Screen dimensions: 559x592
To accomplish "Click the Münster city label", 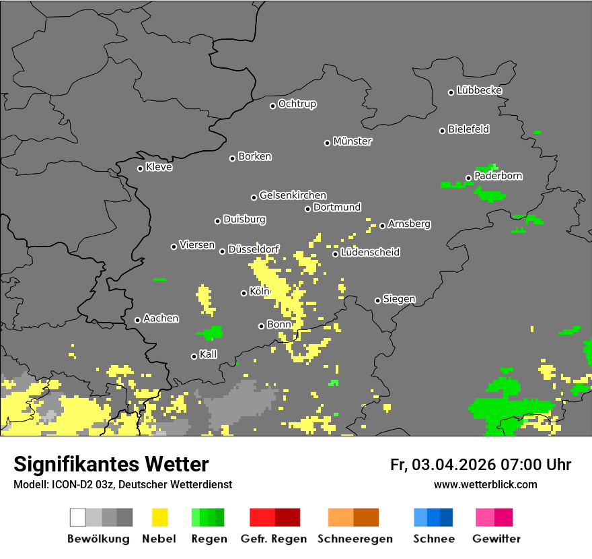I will (x=353, y=141).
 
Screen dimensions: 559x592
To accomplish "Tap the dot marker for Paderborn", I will (x=469, y=178).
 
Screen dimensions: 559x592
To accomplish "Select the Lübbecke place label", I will (x=479, y=90).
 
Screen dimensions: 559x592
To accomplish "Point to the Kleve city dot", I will (x=140, y=168).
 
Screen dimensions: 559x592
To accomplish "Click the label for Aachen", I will (x=161, y=319).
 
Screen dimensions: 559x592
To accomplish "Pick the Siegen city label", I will (x=399, y=299).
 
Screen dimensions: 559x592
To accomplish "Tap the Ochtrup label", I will (x=297, y=104).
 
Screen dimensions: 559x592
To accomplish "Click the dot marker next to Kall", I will (x=194, y=356).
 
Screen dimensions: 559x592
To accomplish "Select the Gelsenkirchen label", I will (x=293, y=196).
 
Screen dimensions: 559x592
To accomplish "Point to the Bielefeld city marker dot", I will (x=442, y=131).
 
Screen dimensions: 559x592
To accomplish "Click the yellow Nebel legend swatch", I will (x=160, y=517).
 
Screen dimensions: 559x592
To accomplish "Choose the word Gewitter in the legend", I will (x=496, y=539).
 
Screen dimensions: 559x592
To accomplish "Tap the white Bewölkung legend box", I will (x=78, y=517).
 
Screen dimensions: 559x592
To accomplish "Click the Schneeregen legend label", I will (x=355, y=539).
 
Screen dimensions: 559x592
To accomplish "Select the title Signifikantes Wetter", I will (x=111, y=464).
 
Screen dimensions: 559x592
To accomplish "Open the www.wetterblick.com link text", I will (x=485, y=484).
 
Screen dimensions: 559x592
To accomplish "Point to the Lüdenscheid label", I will (x=370, y=253).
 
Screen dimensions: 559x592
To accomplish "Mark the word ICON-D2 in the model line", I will (x=69, y=484).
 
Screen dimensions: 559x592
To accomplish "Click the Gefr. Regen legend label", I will (x=274, y=539).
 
